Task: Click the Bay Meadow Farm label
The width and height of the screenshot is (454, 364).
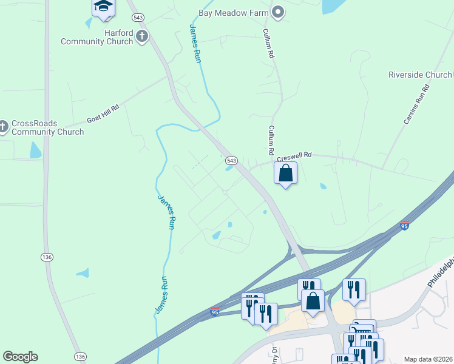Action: [234, 12]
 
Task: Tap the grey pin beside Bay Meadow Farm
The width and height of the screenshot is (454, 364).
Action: [278, 12]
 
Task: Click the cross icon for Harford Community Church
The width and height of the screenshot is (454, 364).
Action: [142, 36]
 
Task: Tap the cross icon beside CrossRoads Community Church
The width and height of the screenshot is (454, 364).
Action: [3, 126]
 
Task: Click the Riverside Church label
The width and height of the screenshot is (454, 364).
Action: [420, 75]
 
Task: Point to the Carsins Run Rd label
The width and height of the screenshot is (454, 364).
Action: [416, 104]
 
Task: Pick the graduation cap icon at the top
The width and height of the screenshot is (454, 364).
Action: [103, 7]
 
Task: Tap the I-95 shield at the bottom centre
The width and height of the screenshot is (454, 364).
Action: [214, 312]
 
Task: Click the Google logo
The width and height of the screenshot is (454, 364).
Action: [20, 357]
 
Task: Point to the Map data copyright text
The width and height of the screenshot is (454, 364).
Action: [428, 359]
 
